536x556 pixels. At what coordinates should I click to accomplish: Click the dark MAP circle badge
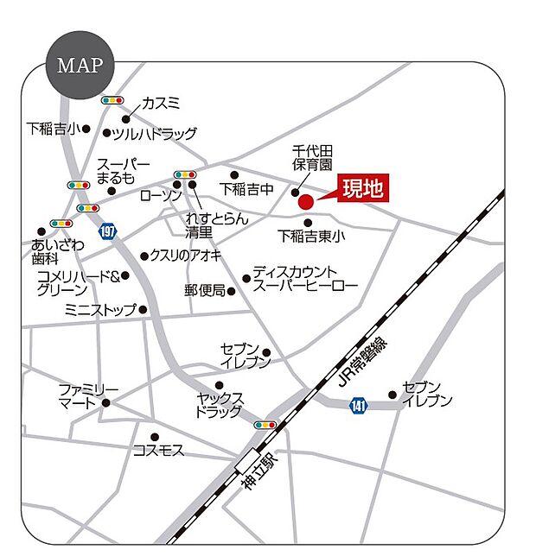point(80,66)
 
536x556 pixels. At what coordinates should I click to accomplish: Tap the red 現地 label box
point(361,188)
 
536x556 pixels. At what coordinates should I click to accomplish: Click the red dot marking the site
point(305,202)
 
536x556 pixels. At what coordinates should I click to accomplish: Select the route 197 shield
point(107,231)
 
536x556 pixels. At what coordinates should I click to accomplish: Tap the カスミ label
point(161,103)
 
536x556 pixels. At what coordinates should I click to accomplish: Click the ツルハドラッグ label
point(155,134)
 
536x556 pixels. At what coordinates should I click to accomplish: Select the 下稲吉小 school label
point(52,130)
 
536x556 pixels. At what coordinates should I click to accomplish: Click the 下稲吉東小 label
point(310,235)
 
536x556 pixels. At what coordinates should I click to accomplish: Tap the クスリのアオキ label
point(186,256)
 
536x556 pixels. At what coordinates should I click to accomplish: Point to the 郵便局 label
point(204,291)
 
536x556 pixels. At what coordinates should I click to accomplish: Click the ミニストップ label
point(100,309)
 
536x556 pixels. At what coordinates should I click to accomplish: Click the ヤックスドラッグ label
point(220,405)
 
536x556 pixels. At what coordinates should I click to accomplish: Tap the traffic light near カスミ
point(112,101)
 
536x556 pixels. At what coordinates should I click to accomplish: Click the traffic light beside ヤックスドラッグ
point(265,425)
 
